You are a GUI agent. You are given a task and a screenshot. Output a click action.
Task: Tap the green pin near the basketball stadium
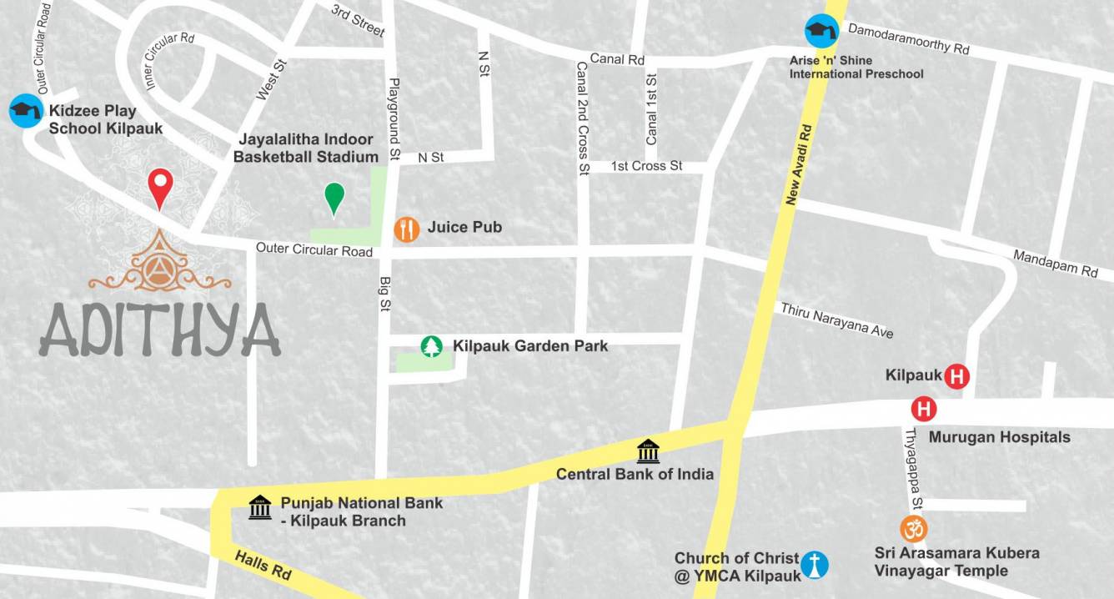(x=334, y=198)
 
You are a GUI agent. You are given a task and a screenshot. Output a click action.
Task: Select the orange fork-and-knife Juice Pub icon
(x=407, y=229)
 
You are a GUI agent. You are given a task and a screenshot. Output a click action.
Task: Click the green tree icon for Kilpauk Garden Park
(x=431, y=345)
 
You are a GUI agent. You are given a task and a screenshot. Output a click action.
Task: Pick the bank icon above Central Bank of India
(x=648, y=451)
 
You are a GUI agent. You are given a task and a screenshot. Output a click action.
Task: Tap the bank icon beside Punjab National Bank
(x=260, y=507)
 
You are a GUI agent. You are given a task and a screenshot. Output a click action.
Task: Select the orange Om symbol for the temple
(x=914, y=528)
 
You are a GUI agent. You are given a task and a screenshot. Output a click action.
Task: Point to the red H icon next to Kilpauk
(x=957, y=376)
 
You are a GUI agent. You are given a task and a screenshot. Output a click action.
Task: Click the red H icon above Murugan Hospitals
(x=924, y=410)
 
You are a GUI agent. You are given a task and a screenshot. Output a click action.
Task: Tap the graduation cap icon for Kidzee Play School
(x=25, y=111)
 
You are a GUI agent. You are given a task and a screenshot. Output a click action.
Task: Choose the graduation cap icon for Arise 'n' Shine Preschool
(x=820, y=31)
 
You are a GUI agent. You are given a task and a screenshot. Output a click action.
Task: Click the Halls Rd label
(x=263, y=566)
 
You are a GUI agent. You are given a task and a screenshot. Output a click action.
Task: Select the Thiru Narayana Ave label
(x=836, y=320)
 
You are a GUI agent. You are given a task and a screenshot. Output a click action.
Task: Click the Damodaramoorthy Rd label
(x=908, y=38)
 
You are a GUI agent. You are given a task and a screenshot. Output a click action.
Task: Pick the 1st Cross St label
(x=646, y=166)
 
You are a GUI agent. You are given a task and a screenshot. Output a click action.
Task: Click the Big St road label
(x=385, y=294)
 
